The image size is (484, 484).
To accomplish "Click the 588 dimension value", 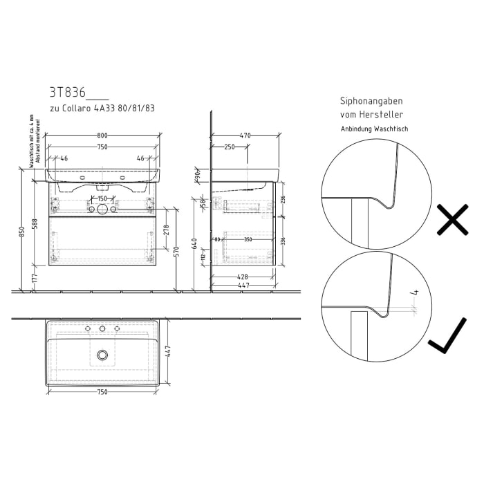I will (35, 225).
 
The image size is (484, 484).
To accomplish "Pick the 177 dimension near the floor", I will (35, 278).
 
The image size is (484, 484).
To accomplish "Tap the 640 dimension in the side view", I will (196, 244).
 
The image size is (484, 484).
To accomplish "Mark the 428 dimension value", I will (242, 277).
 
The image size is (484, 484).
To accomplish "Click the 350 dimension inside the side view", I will (248, 239).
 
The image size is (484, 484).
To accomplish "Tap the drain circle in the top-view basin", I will (102, 355).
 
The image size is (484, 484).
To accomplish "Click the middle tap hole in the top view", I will (102, 328).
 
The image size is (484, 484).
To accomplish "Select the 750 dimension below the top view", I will (102, 392).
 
